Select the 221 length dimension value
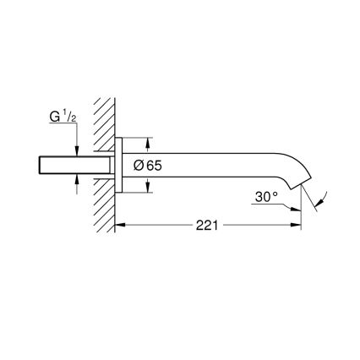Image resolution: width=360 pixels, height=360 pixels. click(x=207, y=226)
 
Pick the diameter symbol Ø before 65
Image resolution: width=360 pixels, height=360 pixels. click(x=140, y=166)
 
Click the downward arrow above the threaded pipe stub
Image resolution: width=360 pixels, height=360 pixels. click(x=77, y=150)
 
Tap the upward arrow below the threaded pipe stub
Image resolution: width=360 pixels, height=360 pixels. click(x=77, y=179)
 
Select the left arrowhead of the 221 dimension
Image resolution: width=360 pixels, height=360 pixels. click(x=118, y=226)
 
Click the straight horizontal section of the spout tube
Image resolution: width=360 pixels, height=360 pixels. click(x=211, y=157)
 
